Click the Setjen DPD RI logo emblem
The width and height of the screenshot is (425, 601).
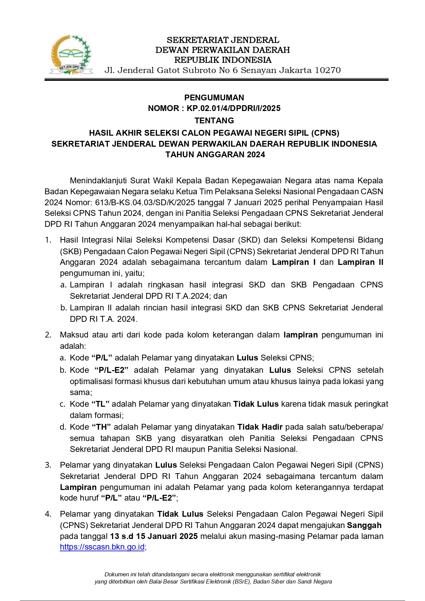tap(71, 55)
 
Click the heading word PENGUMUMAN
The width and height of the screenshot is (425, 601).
tap(214, 98)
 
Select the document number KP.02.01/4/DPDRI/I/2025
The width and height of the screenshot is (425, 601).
tap(234, 108)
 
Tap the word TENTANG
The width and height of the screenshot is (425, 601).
tap(214, 121)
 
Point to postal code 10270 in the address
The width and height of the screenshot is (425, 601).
tap(328, 70)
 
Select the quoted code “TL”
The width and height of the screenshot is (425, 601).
tap(100, 404)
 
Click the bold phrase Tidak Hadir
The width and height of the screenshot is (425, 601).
tap(260, 427)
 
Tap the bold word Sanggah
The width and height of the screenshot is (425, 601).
tap(364, 525)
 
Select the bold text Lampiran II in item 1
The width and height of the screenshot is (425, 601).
tap(360, 262)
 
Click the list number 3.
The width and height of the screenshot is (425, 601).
tap(48, 465)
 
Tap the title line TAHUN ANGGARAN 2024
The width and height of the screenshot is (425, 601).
tap(215, 155)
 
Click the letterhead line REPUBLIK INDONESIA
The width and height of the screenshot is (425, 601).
tap(223, 60)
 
